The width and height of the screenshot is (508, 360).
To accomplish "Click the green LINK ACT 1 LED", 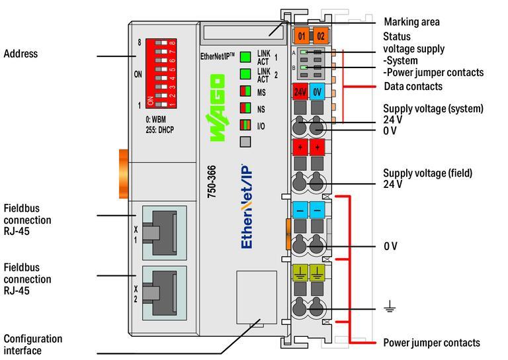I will (245, 56).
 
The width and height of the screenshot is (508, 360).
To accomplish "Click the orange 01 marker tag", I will (302, 36).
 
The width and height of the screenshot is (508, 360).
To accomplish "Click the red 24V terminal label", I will (300, 92).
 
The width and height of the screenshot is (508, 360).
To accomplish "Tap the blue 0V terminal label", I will (317, 92).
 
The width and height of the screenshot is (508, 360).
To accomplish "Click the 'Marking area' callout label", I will (411, 22).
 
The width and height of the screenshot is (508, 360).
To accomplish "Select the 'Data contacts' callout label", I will (413, 87).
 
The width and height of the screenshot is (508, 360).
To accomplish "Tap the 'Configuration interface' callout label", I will (33, 344).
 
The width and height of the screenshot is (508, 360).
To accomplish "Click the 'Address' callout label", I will (21, 54).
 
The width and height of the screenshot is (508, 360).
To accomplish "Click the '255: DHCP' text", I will (161, 130).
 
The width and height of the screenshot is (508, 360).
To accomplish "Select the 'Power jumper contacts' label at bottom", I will (431, 343).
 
